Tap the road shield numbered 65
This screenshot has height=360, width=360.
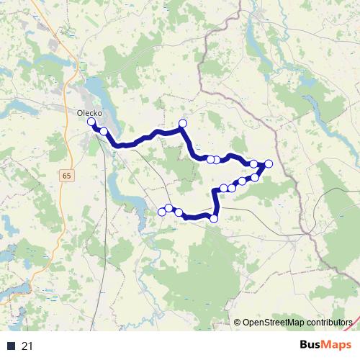(x=67, y=176)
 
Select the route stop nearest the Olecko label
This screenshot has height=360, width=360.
(x=91, y=122)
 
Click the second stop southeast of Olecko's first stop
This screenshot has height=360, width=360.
(x=104, y=131)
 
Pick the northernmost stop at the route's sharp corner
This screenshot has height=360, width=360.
(x=182, y=124)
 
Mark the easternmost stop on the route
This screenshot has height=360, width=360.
(x=269, y=164)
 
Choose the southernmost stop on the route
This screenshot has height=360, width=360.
(x=214, y=218)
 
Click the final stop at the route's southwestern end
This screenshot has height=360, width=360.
(x=161, y=212)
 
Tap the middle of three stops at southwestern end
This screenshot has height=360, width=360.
(x=169, y=208)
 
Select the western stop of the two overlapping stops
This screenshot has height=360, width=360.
(x=210, y=159)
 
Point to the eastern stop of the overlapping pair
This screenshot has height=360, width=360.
(x=216, y=160)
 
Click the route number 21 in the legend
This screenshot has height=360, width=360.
(x=27, y=346)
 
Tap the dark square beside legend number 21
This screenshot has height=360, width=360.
(x=12, y=346)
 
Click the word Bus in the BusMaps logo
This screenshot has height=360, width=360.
(x=312, y=344)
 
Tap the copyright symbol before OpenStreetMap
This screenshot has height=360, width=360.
(x=238, y=322)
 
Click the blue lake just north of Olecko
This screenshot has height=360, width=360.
(x=93, y=90)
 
